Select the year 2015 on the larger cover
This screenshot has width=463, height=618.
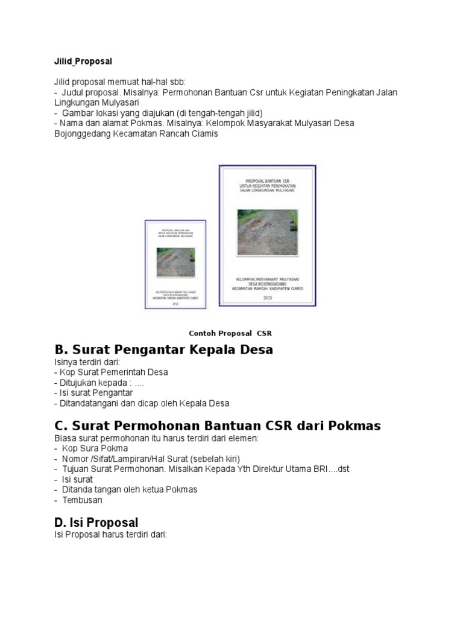(x=268, y=297)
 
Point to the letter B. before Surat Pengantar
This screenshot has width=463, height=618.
(x=61, y=350)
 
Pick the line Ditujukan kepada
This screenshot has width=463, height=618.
(x=99, y=383)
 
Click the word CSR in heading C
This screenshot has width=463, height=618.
(x=276, y=426)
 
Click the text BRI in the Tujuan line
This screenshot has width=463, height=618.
(x=317, y=469)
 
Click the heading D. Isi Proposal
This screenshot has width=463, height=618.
(x=96, y=523)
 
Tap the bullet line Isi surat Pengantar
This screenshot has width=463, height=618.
(x=96, y=393)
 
